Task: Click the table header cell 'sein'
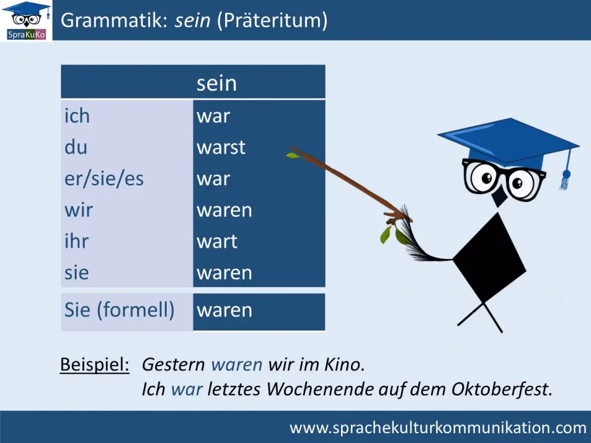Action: click(x=217, y=83)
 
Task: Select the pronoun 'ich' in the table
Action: click(x=77, y=115)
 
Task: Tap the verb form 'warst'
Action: click(x=221, y=147)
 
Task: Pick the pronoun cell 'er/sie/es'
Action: click(x=104, y=179)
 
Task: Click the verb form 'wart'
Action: click(x=217, y=241)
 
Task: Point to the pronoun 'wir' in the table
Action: click(x=78, y=209)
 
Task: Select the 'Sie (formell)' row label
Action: click(x=119, y=310)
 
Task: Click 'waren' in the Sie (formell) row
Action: click(x=225, y=310)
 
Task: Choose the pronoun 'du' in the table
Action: click(x=76, y=147)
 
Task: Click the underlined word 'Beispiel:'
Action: click(x=95, y=365)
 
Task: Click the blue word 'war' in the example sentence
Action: click(x=187, y=389)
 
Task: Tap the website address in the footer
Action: click(x=438, y=427)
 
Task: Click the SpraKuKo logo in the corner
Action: click(x=27, y=20)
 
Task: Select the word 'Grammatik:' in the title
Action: click(x=114, y=20)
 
